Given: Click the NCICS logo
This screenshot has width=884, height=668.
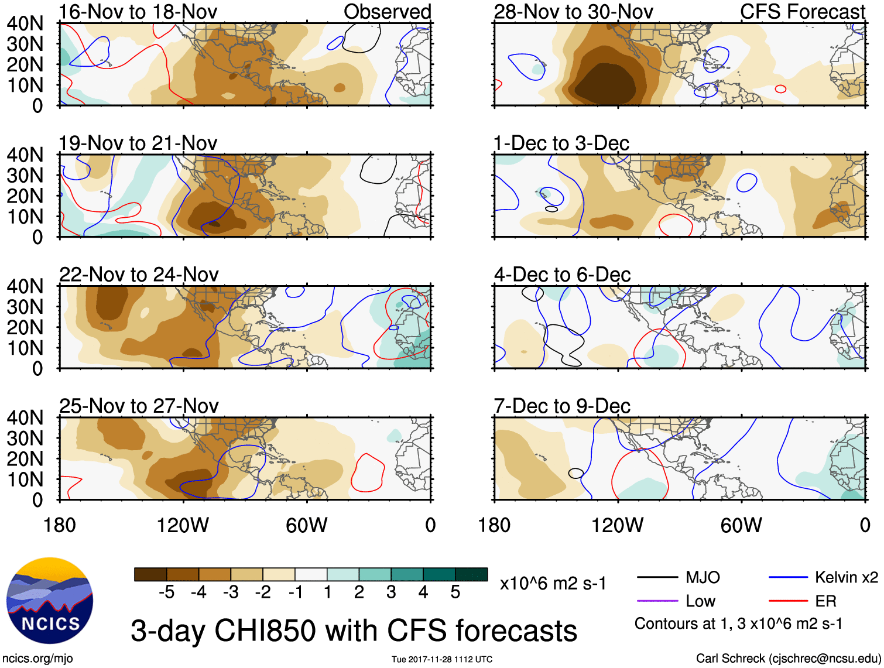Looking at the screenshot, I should pos(50,601).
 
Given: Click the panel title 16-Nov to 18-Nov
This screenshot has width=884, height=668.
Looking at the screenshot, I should pos(138,12).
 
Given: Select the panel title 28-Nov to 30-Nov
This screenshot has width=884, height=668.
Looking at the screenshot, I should pos(573,12).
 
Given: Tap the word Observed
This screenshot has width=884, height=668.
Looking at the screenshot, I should pos(387,12).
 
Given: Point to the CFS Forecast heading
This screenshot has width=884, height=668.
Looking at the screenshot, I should pos(802,12).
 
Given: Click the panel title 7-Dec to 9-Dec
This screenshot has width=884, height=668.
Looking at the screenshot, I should pos(562,406).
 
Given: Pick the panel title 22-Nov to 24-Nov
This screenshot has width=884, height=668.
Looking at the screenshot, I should pos(139,274).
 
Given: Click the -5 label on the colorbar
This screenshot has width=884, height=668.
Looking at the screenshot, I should pos(166,592).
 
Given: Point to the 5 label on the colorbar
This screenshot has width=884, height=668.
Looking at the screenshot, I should pos(455,592).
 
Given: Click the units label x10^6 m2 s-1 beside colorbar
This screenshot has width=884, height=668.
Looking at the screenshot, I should pos(553,584).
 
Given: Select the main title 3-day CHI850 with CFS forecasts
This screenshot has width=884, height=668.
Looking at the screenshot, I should pos(354,631).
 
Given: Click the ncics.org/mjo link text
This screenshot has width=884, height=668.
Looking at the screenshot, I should pos(37,659).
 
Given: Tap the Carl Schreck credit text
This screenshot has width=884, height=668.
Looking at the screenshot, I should pos(788,659).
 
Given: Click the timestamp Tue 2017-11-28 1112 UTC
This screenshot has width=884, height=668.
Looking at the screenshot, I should pos(442,659).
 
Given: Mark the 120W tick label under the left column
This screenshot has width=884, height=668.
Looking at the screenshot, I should pos(183,525).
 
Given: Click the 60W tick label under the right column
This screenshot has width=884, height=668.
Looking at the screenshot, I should pos(741,525).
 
